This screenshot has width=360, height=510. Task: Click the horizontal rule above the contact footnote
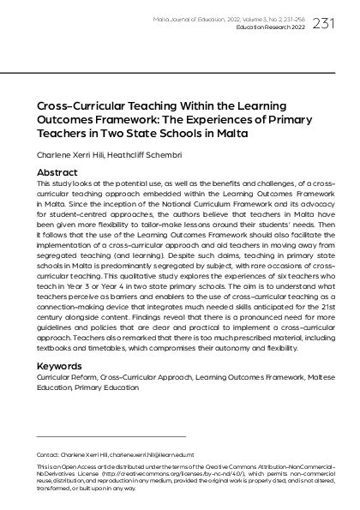coord(111,436)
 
